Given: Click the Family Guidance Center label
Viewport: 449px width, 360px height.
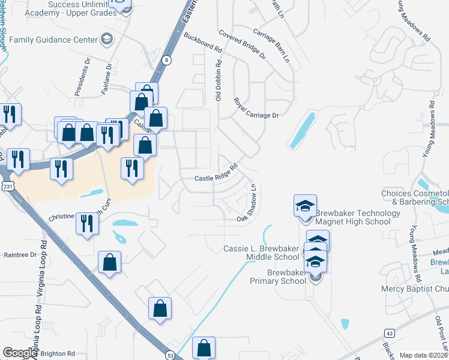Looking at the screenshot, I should pos(53,40).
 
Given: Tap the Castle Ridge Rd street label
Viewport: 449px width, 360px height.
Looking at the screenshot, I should pos(217,173).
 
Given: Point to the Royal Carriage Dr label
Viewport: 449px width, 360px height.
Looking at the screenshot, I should pos(256,107).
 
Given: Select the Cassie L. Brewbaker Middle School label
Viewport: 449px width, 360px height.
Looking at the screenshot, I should pos(261,253).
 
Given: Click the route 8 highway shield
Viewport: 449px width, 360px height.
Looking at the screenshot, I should pos(166,59).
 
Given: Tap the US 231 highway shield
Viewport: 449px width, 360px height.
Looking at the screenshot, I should pos(7,187).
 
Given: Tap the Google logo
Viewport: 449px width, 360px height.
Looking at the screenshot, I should pos(20,353).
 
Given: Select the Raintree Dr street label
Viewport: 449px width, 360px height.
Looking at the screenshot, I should pos(20,255).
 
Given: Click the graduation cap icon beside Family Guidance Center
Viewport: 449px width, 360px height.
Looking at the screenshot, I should pos(107,39).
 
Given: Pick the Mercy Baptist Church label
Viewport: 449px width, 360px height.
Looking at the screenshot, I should pos(415,289).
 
